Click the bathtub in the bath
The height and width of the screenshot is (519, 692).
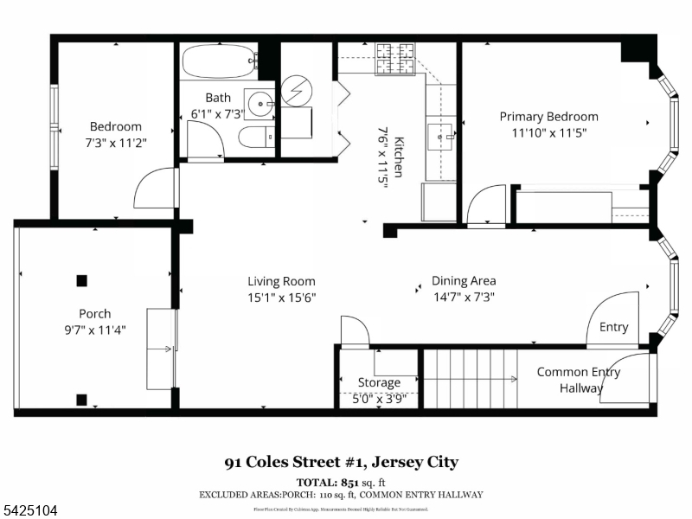[x=218, y=61]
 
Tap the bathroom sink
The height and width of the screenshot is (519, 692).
[x=260, y=104]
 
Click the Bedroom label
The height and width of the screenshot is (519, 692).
[x=115, y=126]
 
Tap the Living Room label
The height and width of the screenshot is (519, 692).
[x=281, y=281]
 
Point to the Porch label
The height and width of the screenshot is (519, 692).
[x=95, y=314]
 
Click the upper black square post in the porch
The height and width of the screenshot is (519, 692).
[x=81, y=280]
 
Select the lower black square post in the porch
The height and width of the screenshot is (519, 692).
[x=81, y=399]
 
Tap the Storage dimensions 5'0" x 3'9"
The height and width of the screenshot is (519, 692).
[x=379, y=399]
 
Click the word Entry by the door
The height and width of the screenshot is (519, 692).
[x=613, y=327]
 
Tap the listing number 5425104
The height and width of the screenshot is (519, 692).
[x=29, y=511]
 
